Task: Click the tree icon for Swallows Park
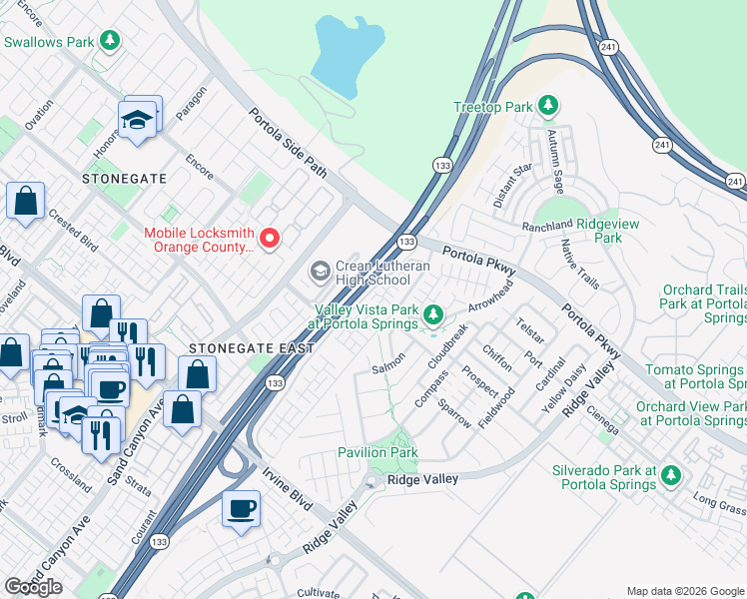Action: pyautogui.click(x=110, y=41)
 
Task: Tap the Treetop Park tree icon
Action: pyautogui.click(x=546, y=105)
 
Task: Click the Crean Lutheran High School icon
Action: pyautogui.click(x=320, y=271)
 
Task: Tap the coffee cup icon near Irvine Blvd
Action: pyautogui.click(x=241, y=509)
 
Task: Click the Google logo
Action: pyautogui.click(x=33, y=587)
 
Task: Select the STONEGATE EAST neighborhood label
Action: pyautogui.click(x=251, y=348)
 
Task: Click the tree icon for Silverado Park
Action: pyautogui.click(x=671, y=474)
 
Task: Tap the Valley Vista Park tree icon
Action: pyautogui.click(x=432, y=315)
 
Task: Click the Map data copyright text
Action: pyautogui.click(x=685, y=591)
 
